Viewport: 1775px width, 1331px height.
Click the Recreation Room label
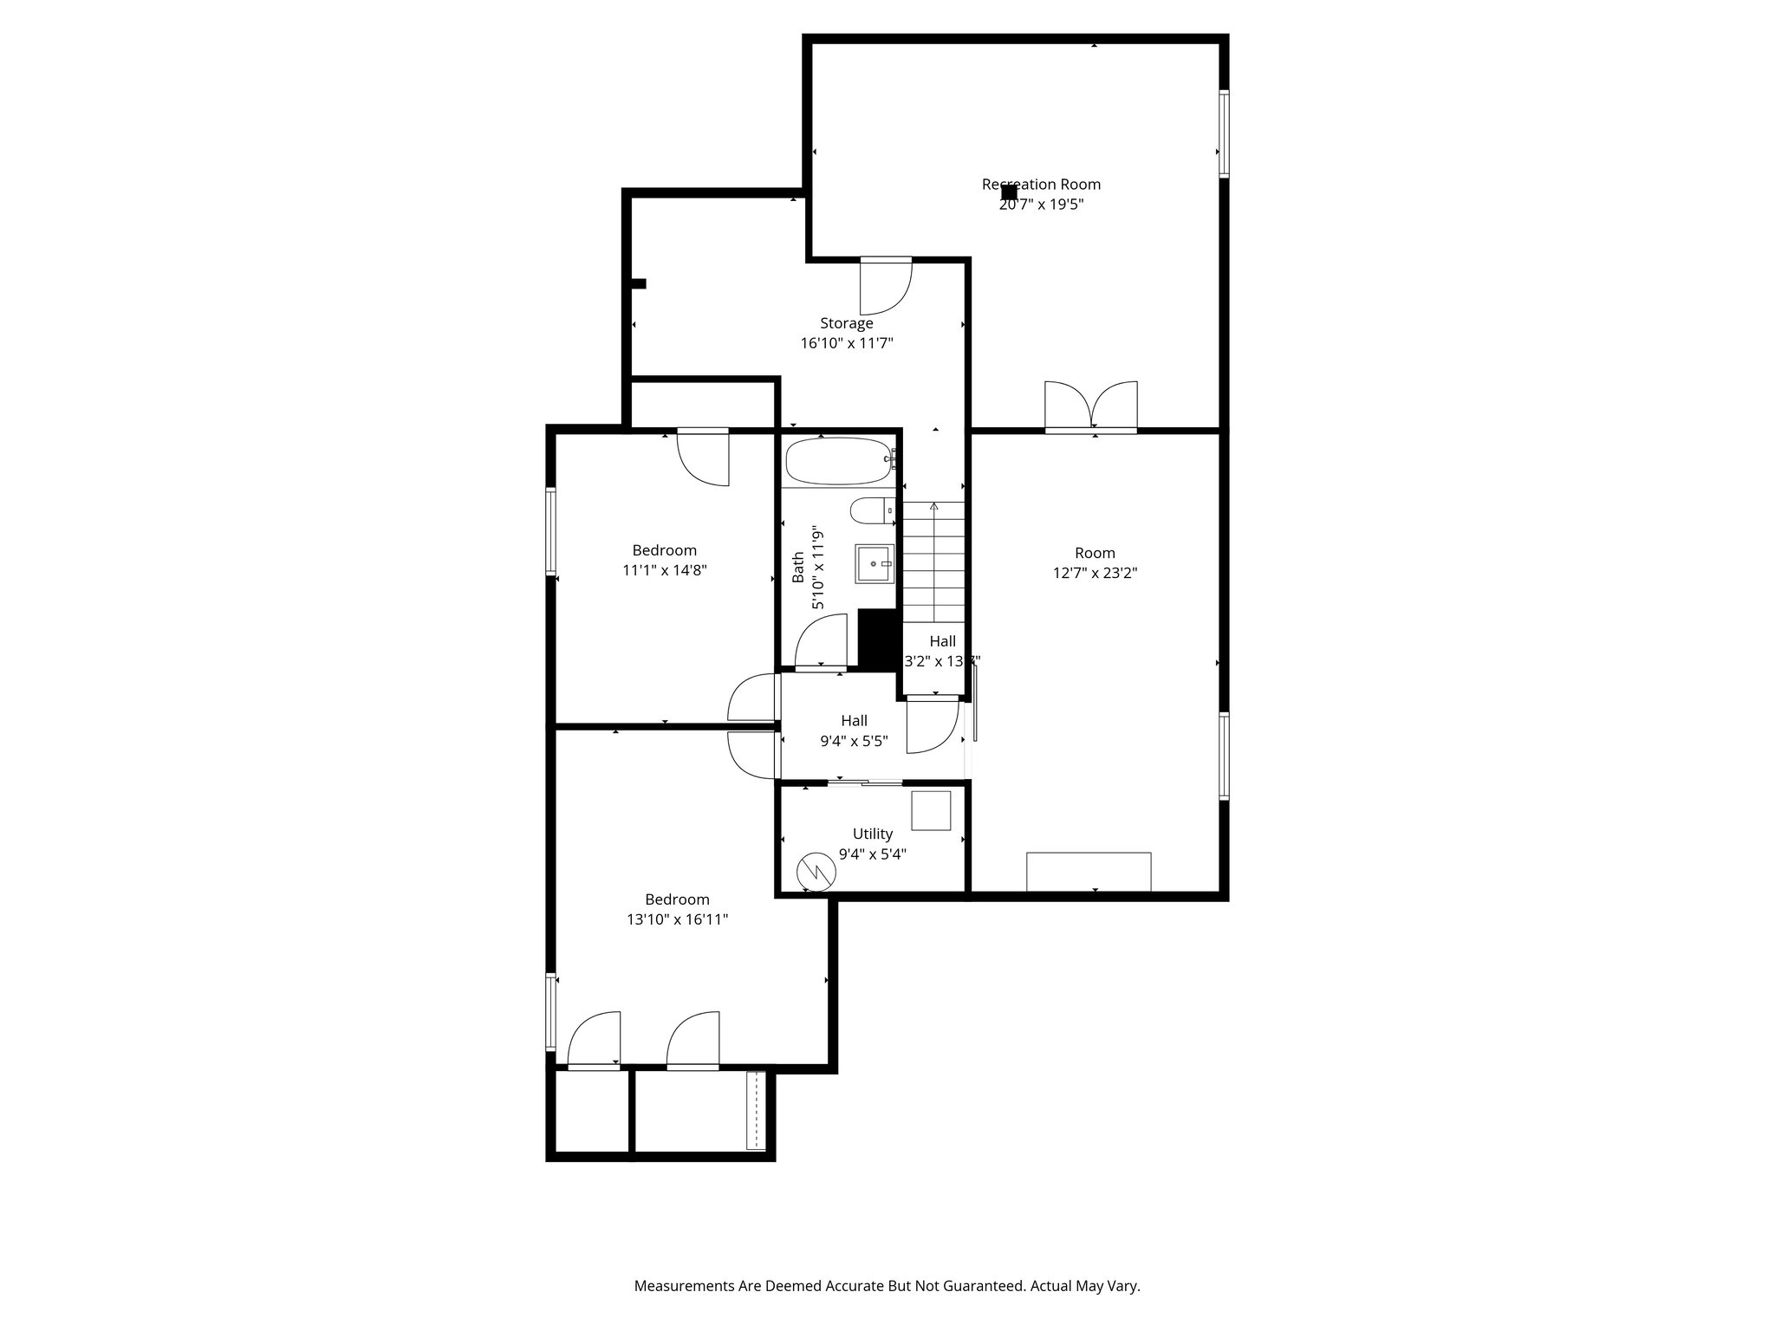(1041, 185)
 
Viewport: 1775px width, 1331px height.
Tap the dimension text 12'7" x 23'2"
(1095, 573)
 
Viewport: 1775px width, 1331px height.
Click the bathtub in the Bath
(839, 462)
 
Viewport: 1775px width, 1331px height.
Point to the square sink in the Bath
(874, 563)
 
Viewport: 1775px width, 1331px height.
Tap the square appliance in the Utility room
(931, 810)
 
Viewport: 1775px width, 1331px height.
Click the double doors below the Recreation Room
(1090, 406)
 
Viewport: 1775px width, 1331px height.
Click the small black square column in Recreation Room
(1009, 192)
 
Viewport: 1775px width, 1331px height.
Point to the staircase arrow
(933, 506)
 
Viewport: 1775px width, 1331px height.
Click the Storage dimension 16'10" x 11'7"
(846, 343)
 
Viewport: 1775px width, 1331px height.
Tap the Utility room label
(872, 834)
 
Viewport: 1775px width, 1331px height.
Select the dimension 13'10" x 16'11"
(677, 919)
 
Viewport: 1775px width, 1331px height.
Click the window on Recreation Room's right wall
(1224, 134)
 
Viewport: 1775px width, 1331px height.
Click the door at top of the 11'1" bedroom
(703, 457)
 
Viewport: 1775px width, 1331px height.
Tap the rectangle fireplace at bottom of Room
(1089, 871)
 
